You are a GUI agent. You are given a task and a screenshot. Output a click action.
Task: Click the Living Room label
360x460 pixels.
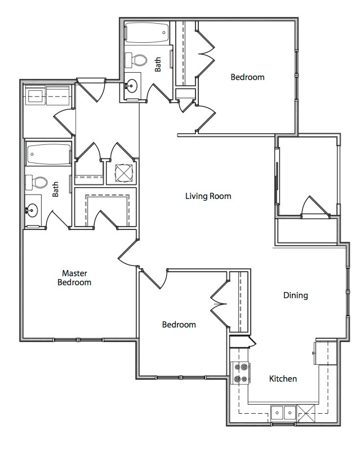[x=208, y=196]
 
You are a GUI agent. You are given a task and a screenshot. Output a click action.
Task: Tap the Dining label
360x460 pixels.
[x=295, y=295]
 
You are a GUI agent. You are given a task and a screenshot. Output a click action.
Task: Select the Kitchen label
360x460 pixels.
[x=282, y=378]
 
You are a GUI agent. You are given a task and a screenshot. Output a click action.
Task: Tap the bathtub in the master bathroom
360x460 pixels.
[x=48, y=153]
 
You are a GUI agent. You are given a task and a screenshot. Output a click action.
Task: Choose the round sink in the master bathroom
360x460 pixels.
[x=32, y=211]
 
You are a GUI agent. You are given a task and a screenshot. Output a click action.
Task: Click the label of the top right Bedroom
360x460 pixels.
[x=247, y=77]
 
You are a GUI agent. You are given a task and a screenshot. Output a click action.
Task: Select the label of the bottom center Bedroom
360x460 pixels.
[x=179, y=324]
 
